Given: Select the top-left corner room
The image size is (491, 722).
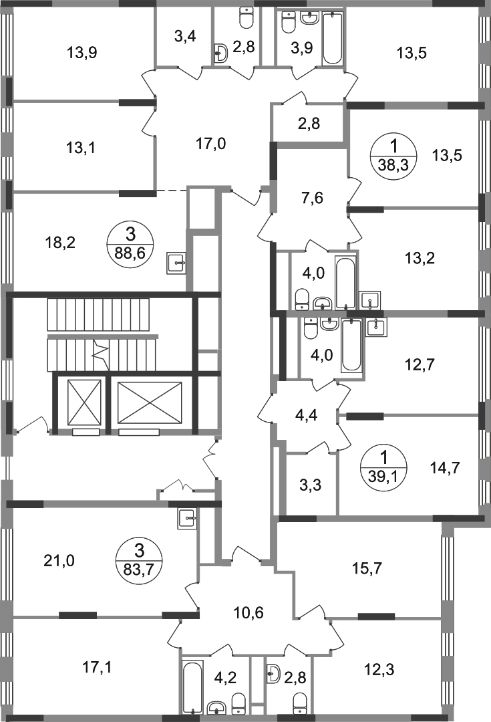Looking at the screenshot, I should tap(84, 52).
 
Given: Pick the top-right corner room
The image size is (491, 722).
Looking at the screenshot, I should tap(411, 52).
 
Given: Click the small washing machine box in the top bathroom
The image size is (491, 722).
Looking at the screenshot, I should tap(222, 53).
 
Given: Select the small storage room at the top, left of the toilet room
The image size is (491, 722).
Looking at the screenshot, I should tap(182, 37).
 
